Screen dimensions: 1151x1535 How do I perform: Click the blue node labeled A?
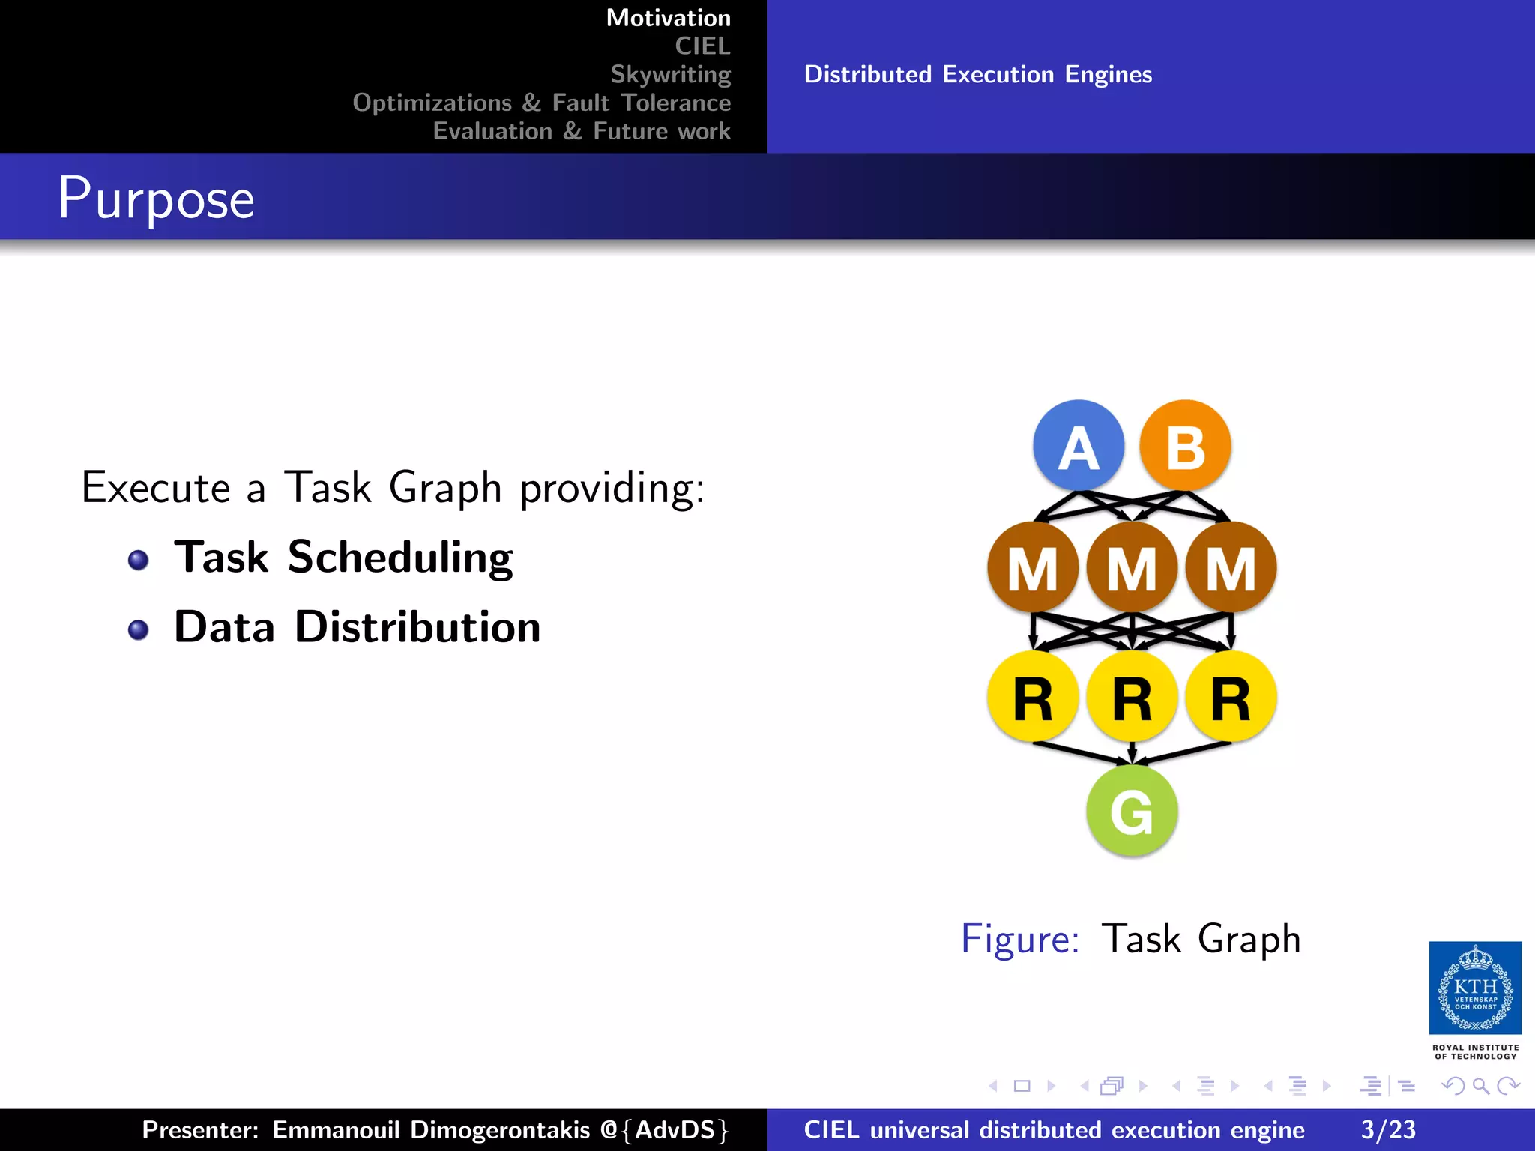coord(1079,446)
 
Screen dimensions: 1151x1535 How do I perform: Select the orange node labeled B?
coord(1185,446)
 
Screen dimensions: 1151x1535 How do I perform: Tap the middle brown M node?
coord(1132,567)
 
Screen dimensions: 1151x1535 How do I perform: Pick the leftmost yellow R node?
coord(1033,697)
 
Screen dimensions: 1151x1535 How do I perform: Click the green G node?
coord(1132,811)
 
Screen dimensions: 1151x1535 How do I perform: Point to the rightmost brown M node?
coord(1231,567)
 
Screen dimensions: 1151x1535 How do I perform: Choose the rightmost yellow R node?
coord(1231,697)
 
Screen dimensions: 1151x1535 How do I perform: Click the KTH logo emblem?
coord(1475,988)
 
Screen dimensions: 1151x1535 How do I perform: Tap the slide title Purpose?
coord(156,199)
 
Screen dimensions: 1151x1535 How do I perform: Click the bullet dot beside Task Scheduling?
coord(138,560)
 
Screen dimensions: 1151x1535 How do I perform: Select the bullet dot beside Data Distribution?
coord(138,629)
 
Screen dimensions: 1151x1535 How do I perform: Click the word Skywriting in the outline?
coord(670,74)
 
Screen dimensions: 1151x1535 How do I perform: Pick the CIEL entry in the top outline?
coord(702,46)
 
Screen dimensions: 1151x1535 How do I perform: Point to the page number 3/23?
coord(1388,1129)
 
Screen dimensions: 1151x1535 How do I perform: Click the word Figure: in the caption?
coord(1020,939)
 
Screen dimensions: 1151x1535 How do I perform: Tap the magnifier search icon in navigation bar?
coord(1480,1086)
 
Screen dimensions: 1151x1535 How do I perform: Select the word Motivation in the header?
coord(668,18)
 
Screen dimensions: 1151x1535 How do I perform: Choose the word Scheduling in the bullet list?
coord(400,558)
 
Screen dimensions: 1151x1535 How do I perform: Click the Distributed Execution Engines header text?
coord(978,74)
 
